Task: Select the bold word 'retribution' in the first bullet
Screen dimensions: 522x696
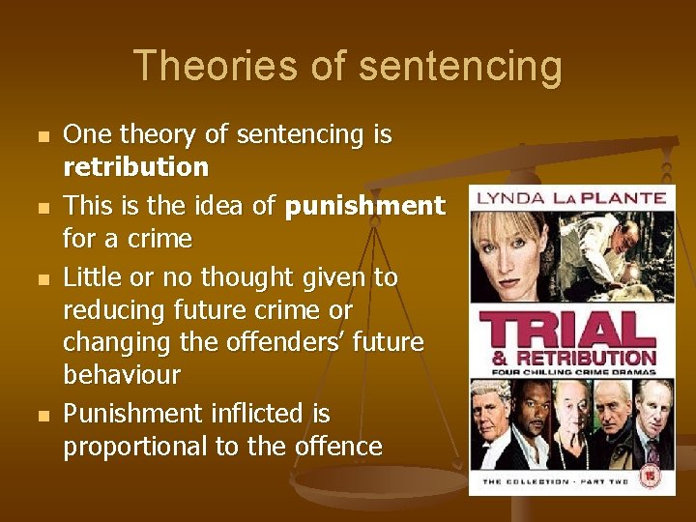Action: click(x=136, y=167)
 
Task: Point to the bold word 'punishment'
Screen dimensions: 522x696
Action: click(x=365, y=206)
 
